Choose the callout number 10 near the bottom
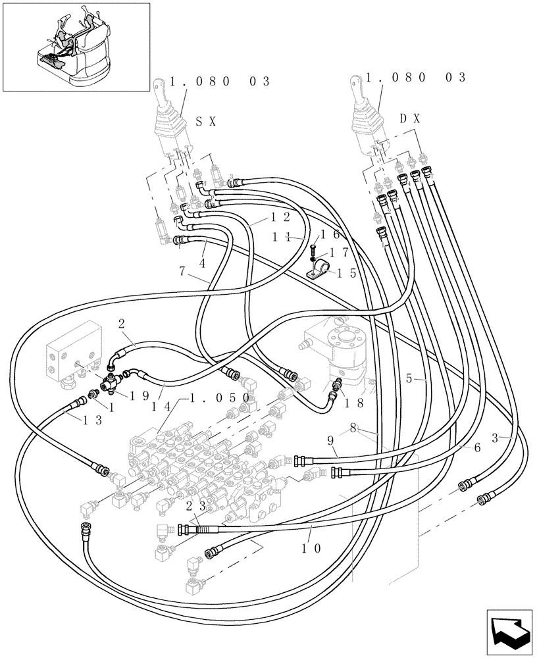(x=313, y=547)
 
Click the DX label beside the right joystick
(x=410, y=118)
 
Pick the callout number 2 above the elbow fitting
(x=121, y=323)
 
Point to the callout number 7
(x=184, y=270)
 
